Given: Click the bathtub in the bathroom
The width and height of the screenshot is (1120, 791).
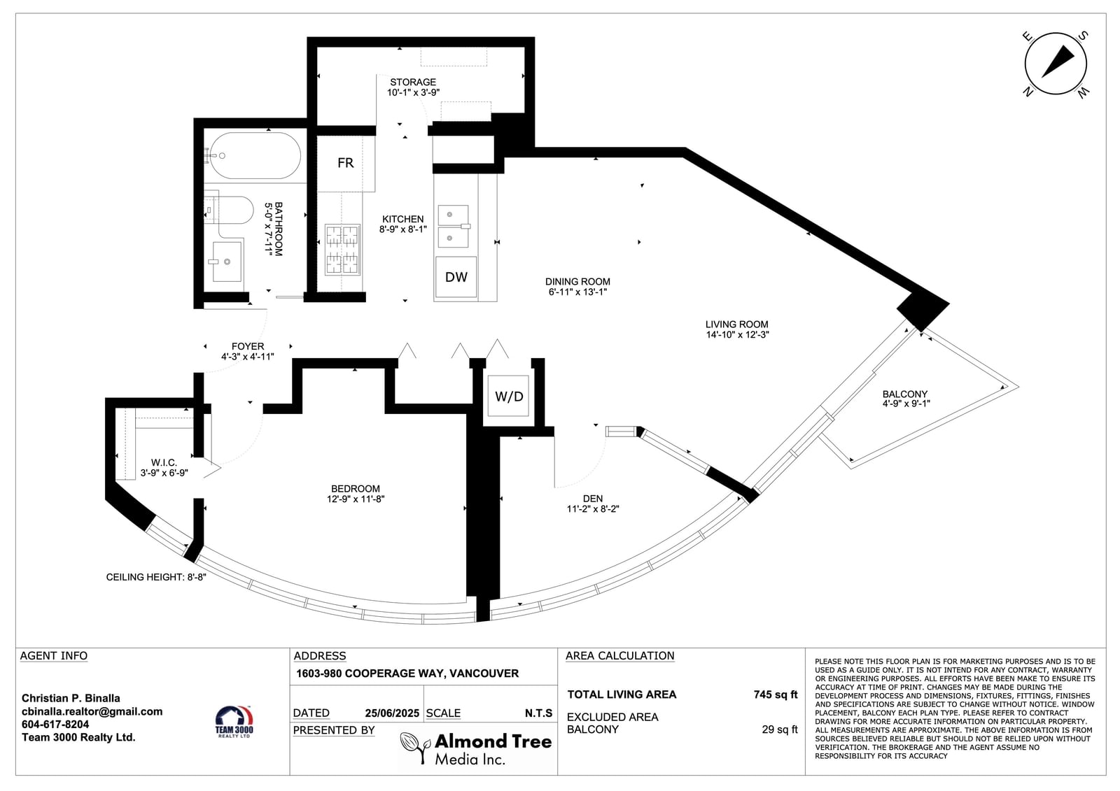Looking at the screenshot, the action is click(x=255, y=155).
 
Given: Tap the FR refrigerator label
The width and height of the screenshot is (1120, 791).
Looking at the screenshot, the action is click(x=346, y=163).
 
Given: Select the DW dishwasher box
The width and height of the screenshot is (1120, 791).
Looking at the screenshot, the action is click(x=456, y=277).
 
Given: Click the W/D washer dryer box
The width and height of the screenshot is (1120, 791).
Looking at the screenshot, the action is click(x=508, y=397).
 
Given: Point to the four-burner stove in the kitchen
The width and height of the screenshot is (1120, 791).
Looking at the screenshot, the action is click(x=342, y=250).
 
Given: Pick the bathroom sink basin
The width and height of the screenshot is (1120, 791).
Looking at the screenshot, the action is click(x=227, y=261).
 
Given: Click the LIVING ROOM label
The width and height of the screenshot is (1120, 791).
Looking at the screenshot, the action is click(x=736, y=325).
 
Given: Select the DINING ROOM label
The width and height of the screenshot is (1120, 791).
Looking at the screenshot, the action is click(x=577, y=282).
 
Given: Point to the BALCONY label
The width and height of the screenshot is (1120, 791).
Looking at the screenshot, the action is click(x=905, y=394).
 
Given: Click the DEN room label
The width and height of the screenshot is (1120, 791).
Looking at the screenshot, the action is click(x=593, y=498).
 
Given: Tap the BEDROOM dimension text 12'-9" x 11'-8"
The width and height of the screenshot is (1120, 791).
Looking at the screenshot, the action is click(x=356, y=499).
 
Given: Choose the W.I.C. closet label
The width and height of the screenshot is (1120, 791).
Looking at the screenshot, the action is click(x=164, y=463).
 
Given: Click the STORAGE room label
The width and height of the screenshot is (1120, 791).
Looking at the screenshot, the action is click(x=413, y=82).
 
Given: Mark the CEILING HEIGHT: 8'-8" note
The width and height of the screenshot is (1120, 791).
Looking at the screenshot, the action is click(x=156, y=577).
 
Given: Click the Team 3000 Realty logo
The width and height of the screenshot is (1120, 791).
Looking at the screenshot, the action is click(x=234, y=722).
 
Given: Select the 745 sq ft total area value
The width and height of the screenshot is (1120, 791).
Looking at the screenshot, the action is click(x=776, y=694).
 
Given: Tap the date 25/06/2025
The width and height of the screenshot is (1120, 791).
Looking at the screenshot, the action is click(x=392, y=713).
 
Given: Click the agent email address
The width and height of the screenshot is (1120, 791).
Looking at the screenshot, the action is click(x=92, y=711).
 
